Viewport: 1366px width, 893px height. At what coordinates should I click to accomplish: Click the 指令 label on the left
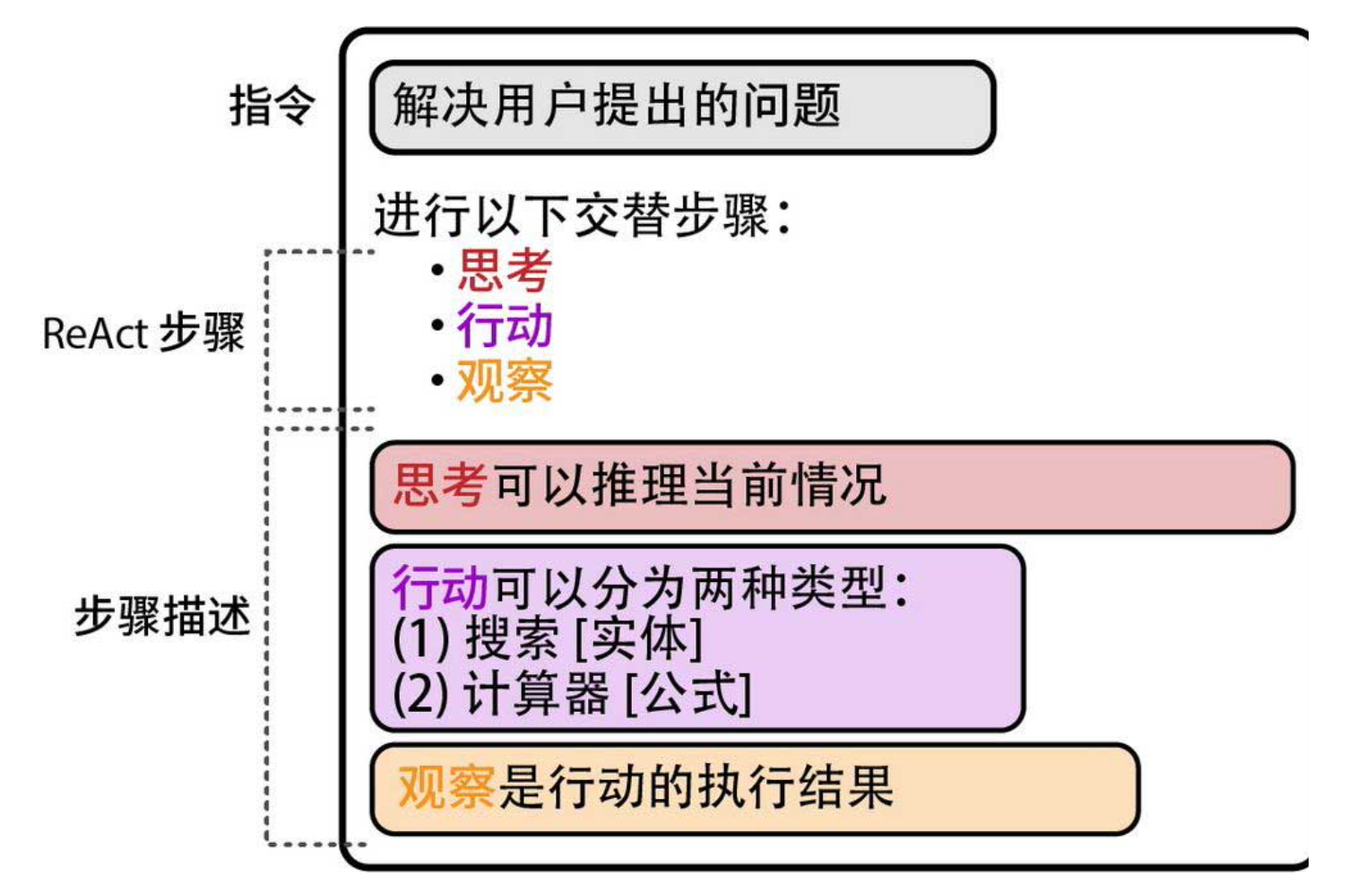click(272, 106)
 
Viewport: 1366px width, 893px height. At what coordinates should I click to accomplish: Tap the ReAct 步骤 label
click(143, 334)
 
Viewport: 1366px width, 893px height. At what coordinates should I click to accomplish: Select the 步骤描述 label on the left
click(161, 617)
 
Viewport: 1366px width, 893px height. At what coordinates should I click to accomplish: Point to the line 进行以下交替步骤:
click(583, 216)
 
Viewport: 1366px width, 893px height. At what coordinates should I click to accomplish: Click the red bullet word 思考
click(505, 271)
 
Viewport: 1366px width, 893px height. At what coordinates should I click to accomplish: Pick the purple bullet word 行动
click(505, 325)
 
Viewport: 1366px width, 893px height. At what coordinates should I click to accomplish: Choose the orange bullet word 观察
click(505, 381)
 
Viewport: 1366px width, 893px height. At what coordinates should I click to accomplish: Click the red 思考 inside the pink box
click(440, 486)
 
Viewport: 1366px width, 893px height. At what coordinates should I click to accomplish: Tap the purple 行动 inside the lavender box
click(440, 588)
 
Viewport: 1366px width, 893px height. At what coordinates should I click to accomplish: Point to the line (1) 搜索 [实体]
click(548, 640)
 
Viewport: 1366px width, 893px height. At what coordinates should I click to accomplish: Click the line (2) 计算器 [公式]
click(572, 694)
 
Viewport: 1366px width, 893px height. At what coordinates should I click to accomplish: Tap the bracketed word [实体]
click(638, 640)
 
